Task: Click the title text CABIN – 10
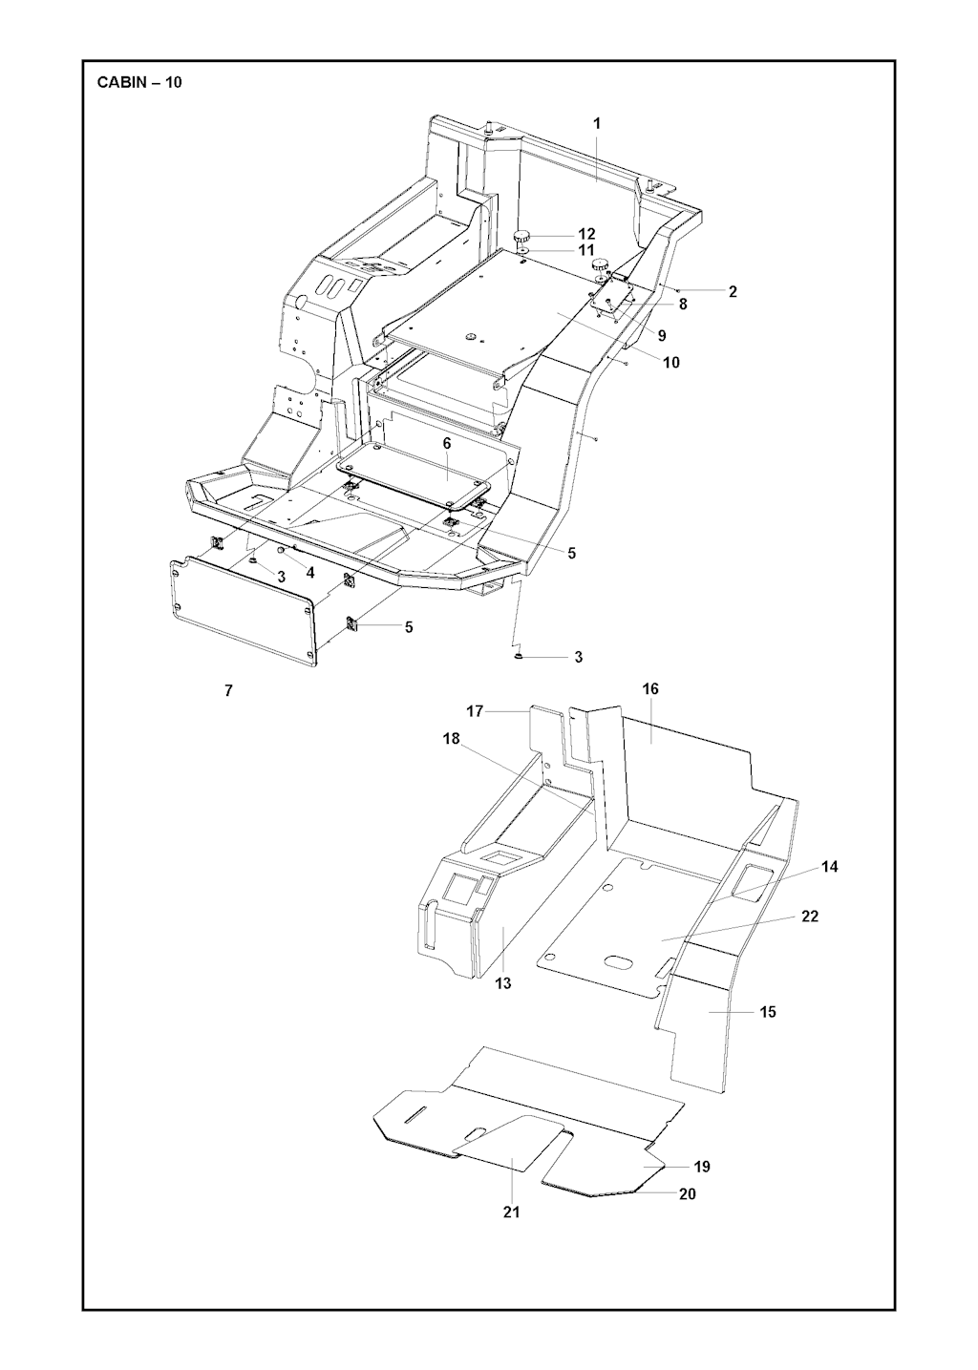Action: [x=139, y=82]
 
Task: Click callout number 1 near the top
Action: [x=597, y=123]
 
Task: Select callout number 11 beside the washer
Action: [x=586, y=251]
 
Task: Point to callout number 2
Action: [x=733, y=292]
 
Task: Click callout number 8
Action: [x=682, y=304]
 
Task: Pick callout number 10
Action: [x=671, y=362]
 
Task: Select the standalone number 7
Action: [x=228, y=691]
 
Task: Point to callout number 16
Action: [x=650, y=688]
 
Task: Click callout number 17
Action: [x=475, y=710]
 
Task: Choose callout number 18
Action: [x=451, y=739]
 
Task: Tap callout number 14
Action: [x=829, y=867]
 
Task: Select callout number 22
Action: [x=810, y=917]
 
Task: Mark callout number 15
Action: [x=768, y=1012]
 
